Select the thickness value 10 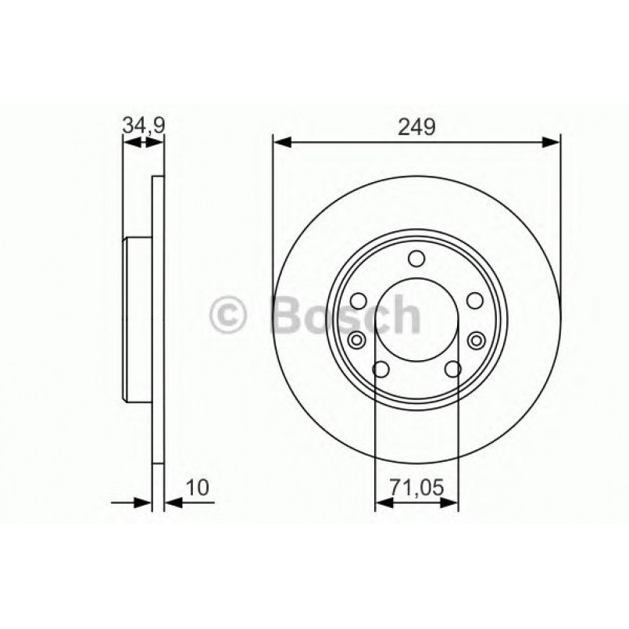click(198, 488)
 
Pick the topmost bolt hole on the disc click(417, 259)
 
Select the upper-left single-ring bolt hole click(359, 301)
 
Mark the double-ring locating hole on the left click(357, 339)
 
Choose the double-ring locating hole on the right click(477, 339)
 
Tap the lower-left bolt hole click(381, 370)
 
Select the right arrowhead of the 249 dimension click(552, 142)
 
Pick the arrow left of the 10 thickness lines click(132, 503)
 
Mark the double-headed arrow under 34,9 click(144, 142)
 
